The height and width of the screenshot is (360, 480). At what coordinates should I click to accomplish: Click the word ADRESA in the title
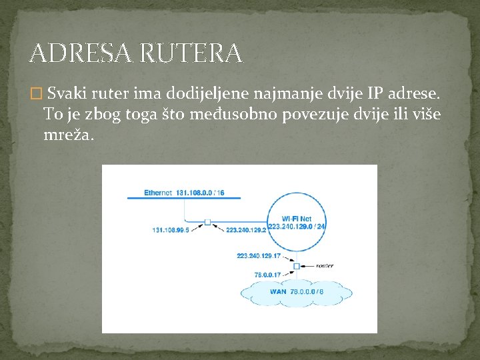[x=73, y=53]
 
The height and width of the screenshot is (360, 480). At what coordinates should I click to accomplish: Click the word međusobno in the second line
[x=237, y=115]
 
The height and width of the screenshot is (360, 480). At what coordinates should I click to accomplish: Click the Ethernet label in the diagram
[x=158, y=193]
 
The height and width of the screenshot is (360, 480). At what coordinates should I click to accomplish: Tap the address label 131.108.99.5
[x=171, y=230]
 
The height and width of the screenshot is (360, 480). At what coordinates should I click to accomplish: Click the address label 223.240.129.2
[x=246, y=230]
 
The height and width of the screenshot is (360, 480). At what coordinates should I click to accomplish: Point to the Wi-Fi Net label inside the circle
[x=297, y=219]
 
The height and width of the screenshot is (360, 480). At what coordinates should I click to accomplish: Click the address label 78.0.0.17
[x=268, y=274]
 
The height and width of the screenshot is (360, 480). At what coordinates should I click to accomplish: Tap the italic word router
[x=325, y=265]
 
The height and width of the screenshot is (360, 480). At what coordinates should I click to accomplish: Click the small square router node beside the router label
[x=297, y=265]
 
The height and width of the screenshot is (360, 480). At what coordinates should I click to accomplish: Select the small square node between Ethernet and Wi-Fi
[x=207, y=221]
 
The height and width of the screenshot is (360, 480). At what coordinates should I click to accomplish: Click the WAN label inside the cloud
[x=278, y=291]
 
